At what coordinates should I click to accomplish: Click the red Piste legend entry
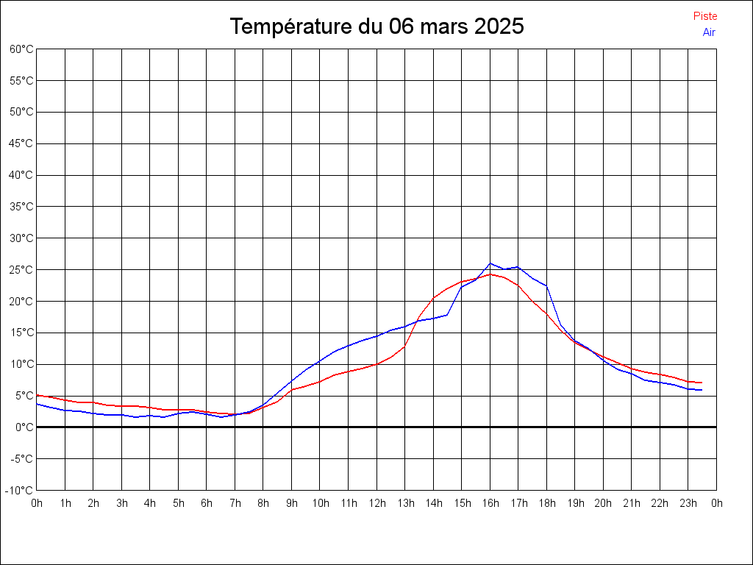pyautogui.click(x=704, y=16)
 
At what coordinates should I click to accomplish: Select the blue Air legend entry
pyautogui.click(x=709, y=32)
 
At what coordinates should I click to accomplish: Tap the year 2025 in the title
pyautogui.click(x=499, y=26)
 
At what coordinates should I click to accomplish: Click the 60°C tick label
pyautogui.click(x=22, y=49)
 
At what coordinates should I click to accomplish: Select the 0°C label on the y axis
pyautogui.click(x=24, y=427)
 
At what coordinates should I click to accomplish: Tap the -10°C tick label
pyautogui.click(x=21, y=490)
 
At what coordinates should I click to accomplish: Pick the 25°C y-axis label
pyautogui.click(x=22, y=270)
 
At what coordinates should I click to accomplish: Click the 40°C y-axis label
pyautogui.click(x=22, y=175)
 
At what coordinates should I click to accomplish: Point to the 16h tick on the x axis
pyautogui.click(x=490, y=503)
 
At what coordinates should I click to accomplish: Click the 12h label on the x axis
pyautogui.click(x=377, y=503)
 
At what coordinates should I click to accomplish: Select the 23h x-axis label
pyautogui.click(x=688, y=503)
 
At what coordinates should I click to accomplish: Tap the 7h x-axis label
pyautogui.click(x=235, y=503)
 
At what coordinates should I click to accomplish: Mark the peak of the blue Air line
pyautogui.click(x=490, y=263)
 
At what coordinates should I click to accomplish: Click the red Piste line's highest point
pyautogui.click(x=490, y=274)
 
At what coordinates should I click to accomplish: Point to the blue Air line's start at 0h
pyautogui.click(x=38, y=404)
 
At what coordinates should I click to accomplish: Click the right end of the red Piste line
pyautogui.click(x=702, y=383)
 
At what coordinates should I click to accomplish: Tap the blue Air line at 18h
pyautogui.click(x=546, y=286)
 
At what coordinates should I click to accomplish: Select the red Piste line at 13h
pyautogui.click(x=405, y=345)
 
